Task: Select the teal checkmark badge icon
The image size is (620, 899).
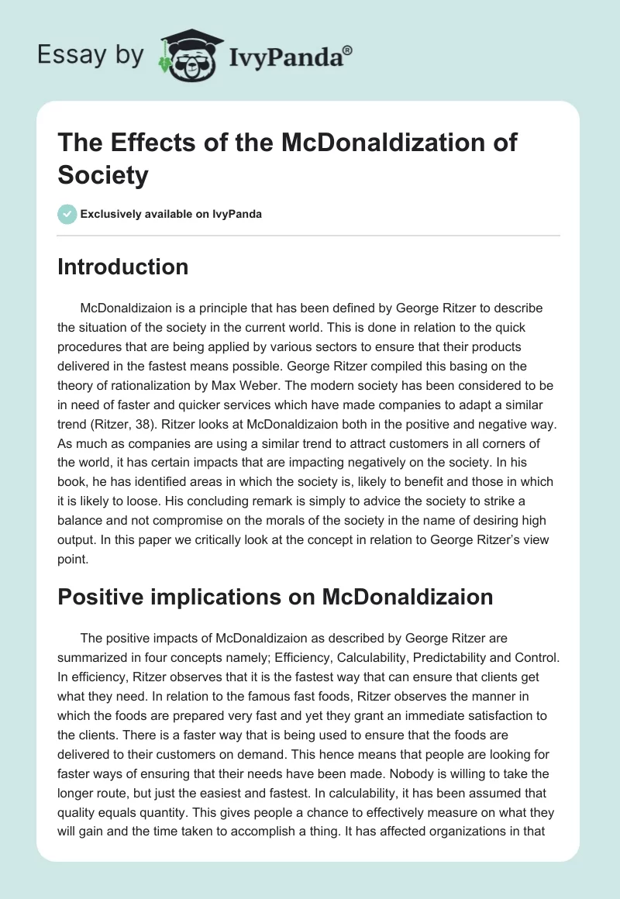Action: [x=67, y=214]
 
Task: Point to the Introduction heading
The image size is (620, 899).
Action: [x=123, y=267]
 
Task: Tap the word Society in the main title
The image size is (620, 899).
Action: [x=102, y=174]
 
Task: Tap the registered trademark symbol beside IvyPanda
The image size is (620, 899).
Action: [x=348, y=50]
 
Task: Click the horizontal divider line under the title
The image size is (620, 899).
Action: [x=310, y=235]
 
